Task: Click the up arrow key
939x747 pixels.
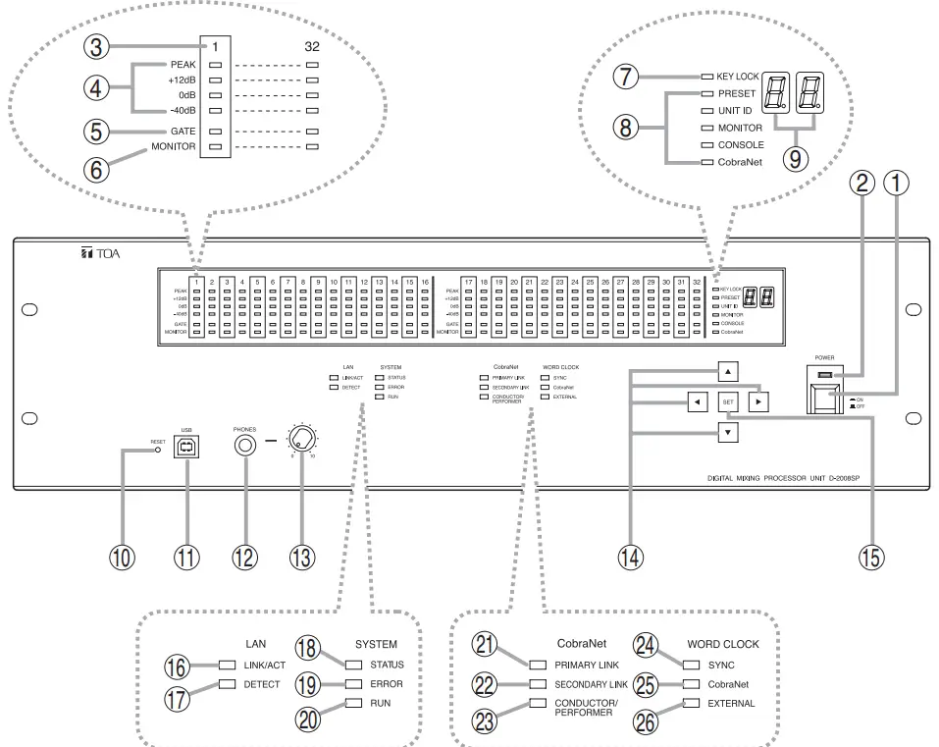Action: [x=727, y=372]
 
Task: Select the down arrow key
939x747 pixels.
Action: [x=727, y=431]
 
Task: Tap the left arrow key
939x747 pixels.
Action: [x=698, y=401]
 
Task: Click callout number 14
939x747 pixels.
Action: [x=630, y=556]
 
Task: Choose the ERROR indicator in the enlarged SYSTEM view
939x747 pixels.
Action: [x=353, y=683]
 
